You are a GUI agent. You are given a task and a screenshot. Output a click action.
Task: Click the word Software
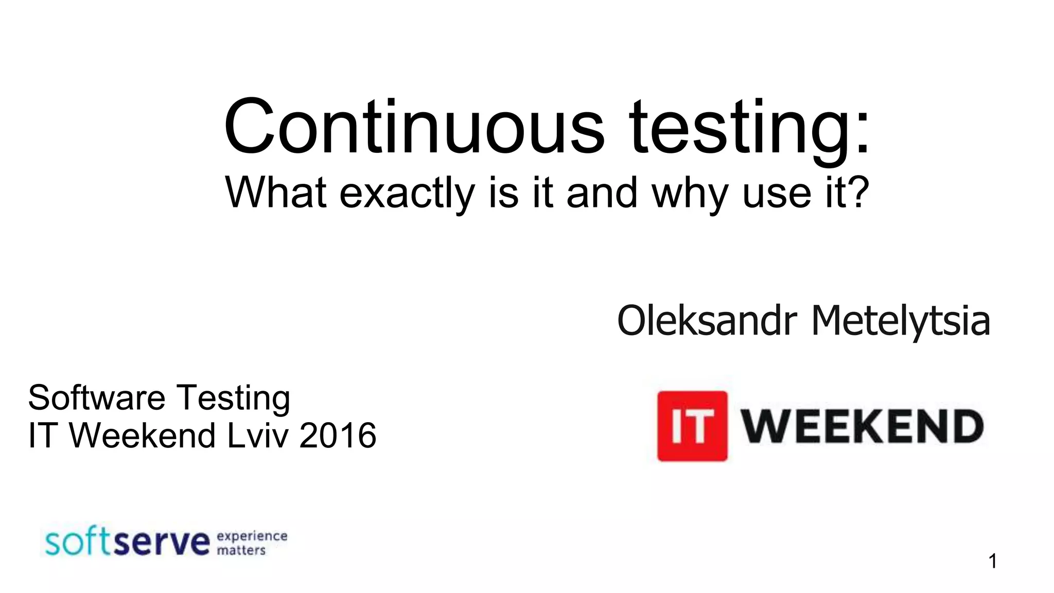(x=97, y=397)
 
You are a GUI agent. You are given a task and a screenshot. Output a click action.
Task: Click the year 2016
(x=338, y=435)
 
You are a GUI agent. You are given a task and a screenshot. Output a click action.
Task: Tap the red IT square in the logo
(x=692, y=426)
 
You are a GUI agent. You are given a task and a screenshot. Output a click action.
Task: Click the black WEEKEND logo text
(x=862, y=426)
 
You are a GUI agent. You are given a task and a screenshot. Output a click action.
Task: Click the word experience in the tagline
(x=252, y=536)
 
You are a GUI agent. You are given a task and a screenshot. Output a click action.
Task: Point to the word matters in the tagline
(x=241, y=550)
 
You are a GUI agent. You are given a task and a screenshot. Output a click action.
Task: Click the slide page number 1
(x=993, y=561)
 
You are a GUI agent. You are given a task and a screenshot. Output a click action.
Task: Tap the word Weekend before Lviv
(x=142, y=435)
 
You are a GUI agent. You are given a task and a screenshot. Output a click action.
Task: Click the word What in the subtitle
(x=276, y=193)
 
